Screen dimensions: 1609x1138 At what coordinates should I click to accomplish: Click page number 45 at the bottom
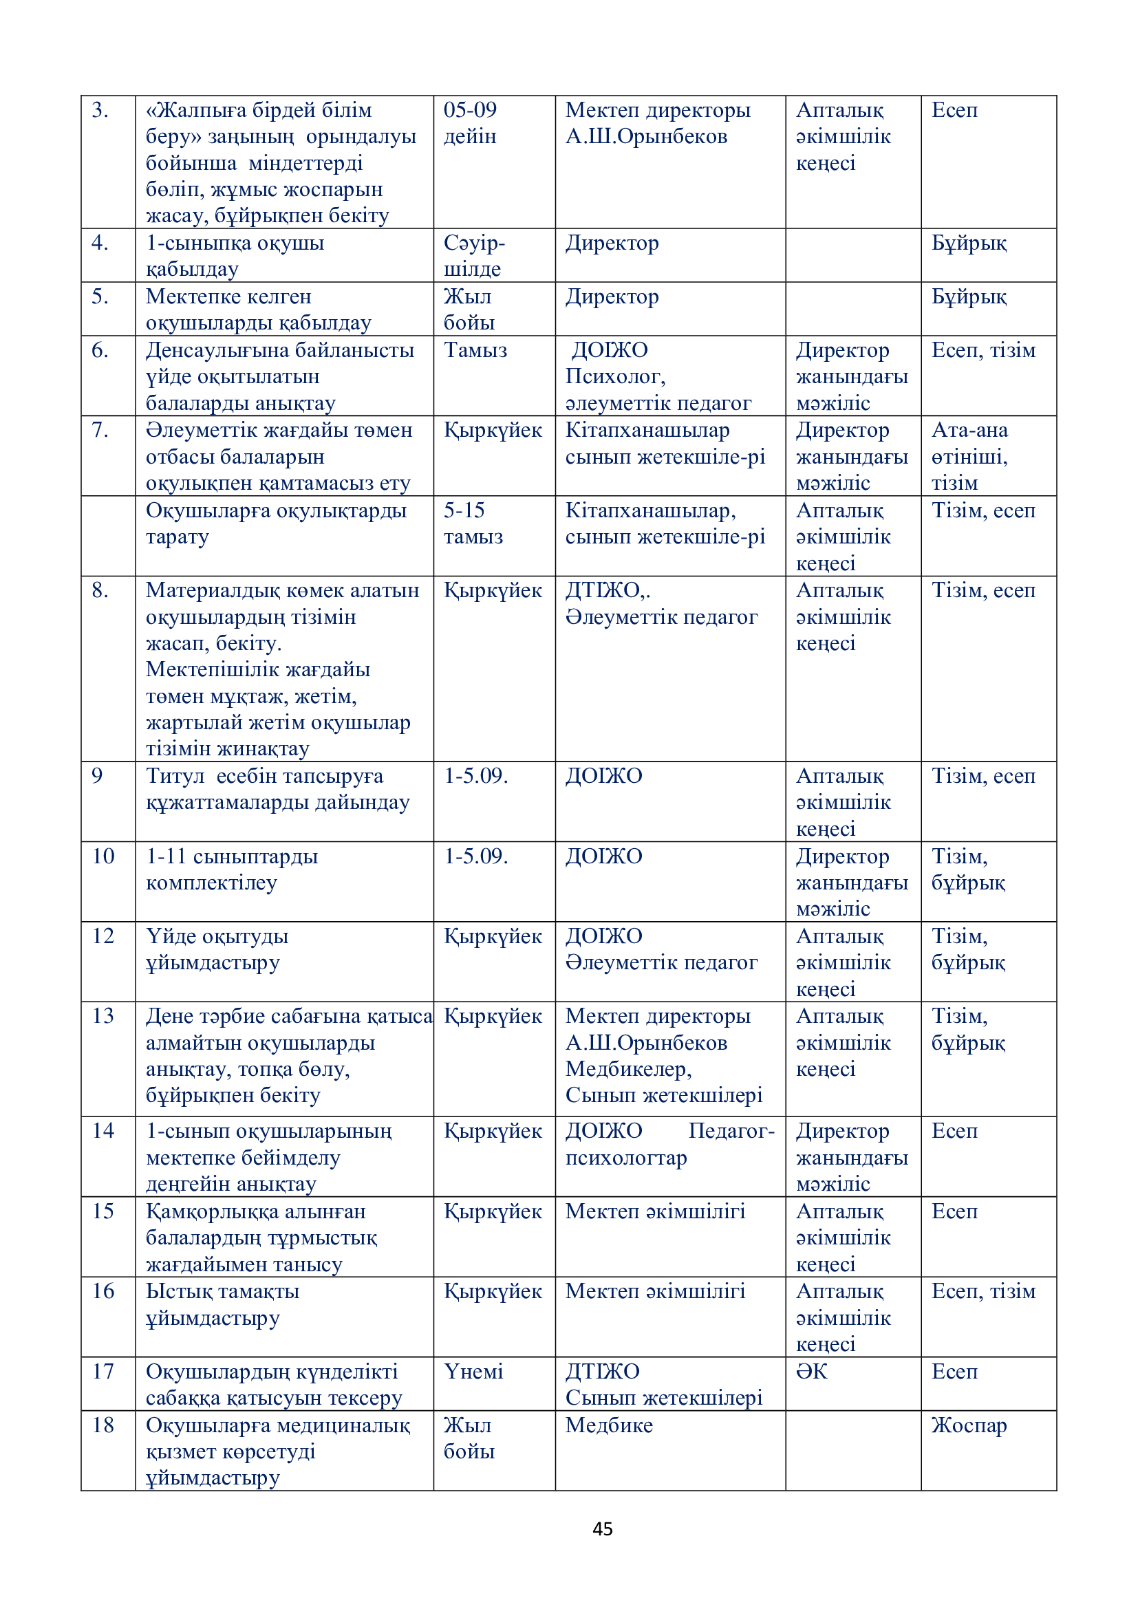[602, 1529]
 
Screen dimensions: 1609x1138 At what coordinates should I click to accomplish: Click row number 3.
[100, 110]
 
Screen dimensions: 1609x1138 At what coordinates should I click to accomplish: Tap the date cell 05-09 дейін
[470, 122]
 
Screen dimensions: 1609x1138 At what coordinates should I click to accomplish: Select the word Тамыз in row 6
[475, 349]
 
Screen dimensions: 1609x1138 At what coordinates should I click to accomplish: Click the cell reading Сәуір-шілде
[473, 256]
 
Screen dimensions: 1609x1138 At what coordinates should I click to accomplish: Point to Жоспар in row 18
[969, 1425]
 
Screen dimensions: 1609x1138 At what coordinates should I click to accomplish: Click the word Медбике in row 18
[608, 1425]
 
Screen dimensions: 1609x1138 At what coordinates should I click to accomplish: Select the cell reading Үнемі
[473, 1371]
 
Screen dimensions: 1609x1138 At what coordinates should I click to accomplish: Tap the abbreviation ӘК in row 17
[811, 1371]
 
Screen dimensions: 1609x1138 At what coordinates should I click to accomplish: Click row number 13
[103, 1015]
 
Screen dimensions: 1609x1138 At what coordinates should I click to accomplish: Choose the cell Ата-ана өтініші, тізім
[969, 456]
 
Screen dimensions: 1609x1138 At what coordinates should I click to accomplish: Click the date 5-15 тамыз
[473, 523]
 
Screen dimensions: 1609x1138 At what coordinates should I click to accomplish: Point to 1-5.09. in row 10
[476, 856]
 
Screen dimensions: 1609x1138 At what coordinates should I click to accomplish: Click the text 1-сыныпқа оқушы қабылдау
[235, 256]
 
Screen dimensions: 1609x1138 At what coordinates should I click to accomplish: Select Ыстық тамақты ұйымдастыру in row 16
[222, 1304]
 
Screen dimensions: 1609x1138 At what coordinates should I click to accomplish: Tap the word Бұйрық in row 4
[969, 243]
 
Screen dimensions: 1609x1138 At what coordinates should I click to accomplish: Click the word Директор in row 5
[612, 296]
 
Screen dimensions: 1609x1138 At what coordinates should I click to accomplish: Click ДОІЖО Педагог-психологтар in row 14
[669, 1145]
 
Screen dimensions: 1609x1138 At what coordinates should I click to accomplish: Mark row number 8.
[100, 590]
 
